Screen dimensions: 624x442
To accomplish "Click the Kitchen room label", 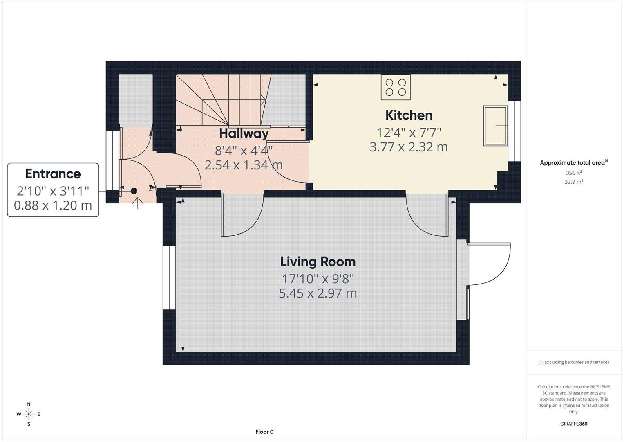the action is [409, 115].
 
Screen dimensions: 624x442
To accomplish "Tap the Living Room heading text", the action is [318, 262].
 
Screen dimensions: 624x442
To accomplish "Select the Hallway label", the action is [244, 133].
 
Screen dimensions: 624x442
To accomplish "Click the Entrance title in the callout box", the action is [53, 174].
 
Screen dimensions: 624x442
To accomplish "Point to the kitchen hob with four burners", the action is [396, 87].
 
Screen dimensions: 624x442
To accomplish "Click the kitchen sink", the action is [495, 126].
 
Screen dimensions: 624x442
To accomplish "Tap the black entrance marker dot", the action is [134, 191].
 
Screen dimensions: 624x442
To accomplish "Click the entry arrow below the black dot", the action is [138, 203].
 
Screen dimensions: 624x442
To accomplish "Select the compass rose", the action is [29, 414].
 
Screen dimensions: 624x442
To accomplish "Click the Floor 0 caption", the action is [264, 432].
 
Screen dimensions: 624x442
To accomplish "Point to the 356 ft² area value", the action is [574, 173].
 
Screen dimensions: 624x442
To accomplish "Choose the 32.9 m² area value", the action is [574, 182].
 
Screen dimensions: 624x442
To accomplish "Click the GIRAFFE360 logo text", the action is [574, 424].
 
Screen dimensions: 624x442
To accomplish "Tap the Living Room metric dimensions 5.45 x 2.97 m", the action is [318, 293].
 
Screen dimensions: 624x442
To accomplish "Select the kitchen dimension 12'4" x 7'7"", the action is [409, 133].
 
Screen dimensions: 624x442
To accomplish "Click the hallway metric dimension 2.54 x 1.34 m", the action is [244, 165].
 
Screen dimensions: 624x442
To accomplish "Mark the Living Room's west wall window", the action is [169, 277].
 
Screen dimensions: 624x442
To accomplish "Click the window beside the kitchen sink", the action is [514, 131].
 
